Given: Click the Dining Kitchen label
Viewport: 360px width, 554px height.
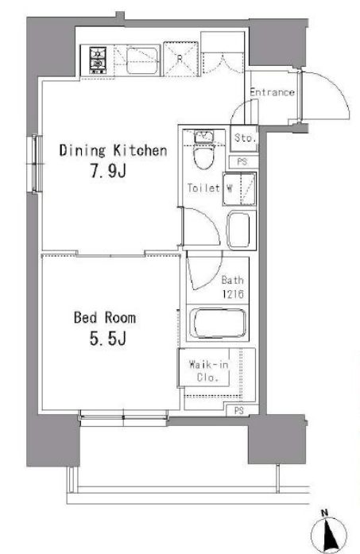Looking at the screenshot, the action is (113, 150).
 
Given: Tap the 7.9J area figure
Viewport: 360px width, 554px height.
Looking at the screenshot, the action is (109, 172).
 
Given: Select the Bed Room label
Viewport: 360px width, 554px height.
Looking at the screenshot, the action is (105, 317).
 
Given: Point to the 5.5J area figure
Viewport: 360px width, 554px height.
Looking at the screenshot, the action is (108, 339).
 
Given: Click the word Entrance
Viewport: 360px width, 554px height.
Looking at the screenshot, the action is (272, 92).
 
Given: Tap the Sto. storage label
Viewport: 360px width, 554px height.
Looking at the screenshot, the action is (245, 138).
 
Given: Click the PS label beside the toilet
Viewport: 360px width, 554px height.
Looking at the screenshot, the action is (242, 162).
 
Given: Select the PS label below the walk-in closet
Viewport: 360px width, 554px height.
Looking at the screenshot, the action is (239, 411).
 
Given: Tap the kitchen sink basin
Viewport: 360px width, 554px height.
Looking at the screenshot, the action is (142, 60).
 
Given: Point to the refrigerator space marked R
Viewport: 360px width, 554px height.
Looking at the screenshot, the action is (180, 59).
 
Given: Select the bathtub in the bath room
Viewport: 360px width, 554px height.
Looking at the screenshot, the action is (217, 323).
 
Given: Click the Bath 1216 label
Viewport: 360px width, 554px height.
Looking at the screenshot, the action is (233, 287).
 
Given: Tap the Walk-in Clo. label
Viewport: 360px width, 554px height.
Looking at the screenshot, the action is (208, 370).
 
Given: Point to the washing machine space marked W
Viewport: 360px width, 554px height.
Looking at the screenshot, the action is (239, 188).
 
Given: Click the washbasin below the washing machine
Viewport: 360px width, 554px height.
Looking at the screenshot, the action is (239, 230).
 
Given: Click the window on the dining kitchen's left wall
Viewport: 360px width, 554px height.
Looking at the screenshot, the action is (35, 164).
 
